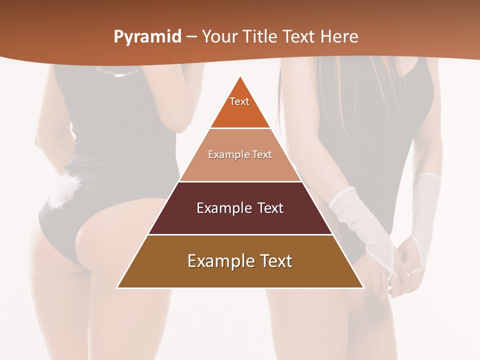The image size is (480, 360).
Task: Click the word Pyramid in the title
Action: pyautogui.click(x=147, y=37)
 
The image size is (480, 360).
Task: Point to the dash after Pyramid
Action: pyautogui.click(x=190, y=37)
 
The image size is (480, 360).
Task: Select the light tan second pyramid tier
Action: pyautogui.click(x=240, y=167)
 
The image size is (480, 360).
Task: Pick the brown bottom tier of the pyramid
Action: pyautogui.click(x=240, y=275)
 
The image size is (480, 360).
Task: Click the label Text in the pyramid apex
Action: pyautogui.click(x=239, y=101)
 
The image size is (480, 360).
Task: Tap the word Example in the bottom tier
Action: pyautogui.click(x=217, y=261)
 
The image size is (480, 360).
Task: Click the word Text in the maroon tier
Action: pyautogui.click(x=270, y=208)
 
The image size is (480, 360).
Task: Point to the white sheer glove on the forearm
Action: pyautogui.click(x=360, y=220)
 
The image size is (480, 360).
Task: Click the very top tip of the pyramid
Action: pyautogui.click(x=240, y=76)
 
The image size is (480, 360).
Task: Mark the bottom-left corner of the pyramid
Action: pyautogui.click(x=117, y=287)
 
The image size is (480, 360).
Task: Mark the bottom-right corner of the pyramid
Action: pyautogui.click(x=363, y=287)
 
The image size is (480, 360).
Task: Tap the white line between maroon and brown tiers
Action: pyautogui.click(x=240, y=234)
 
